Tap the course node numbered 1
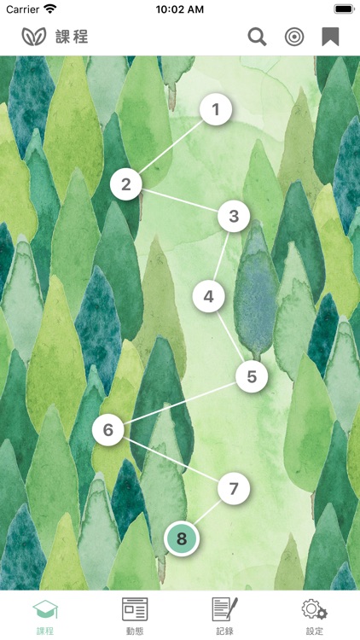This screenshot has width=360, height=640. (x=216, y=109)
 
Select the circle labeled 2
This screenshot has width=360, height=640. (x=126, y=184)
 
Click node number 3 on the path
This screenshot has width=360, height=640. (x=234, y=217)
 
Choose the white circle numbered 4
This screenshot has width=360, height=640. (x=208, y=297)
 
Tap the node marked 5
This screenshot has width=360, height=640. (x=252, y=376)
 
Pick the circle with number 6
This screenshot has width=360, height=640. (x=108, y=429)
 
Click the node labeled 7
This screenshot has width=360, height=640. (x=234, y=489)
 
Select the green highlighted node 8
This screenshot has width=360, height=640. (x=181, y=538)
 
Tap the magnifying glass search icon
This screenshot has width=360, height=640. (x=257, y=38)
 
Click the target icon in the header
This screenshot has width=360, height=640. (x=293, y=38)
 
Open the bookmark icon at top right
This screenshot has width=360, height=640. (x=330, y=38)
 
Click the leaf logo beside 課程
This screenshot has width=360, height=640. (x=34, y=37)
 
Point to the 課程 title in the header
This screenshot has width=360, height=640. (x=72, y=38)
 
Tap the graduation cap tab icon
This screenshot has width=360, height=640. (x=45, y=610)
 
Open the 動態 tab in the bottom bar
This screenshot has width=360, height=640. (x=135, y=616)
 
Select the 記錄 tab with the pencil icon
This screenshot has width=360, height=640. (x=224, y=616)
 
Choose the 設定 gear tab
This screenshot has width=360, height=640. (x=314, y=616)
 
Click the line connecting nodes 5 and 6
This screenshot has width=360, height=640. (x=180, y=404)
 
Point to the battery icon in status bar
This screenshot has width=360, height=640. (x=344, y=9)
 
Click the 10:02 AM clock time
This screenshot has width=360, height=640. (x=180, y=9)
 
